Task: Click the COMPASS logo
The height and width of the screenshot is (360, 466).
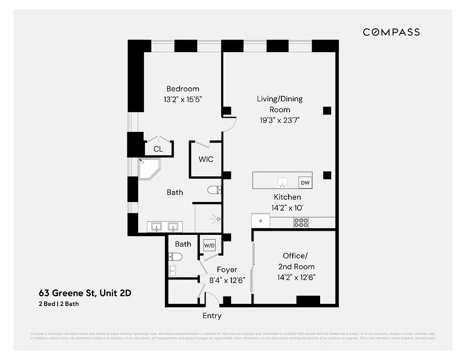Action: pos(391,32)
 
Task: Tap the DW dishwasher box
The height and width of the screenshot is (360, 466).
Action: pos(305,183)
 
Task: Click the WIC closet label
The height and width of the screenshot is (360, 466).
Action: pos(206,159)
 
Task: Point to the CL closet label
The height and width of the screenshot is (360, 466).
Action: pos(158,149)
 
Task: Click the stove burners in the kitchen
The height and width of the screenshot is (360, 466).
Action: pos(301,222)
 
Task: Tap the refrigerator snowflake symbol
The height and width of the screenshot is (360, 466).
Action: pos(260,221)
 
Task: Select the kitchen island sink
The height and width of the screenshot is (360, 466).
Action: pos(282,182)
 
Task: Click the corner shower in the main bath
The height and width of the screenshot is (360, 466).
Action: pos(149,169)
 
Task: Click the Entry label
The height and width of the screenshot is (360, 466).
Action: pos(212,316)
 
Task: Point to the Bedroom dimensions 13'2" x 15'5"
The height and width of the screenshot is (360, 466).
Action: pos(183,99)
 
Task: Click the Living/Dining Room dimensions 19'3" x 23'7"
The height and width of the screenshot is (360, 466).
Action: pos(280,120)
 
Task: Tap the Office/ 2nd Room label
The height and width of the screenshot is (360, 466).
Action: pos(295,261)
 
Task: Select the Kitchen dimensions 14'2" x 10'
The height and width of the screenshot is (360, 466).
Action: pos(287,207)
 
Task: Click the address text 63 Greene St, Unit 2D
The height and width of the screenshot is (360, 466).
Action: pos(85,293)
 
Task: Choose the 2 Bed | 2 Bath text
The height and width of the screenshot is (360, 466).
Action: pos(59,304)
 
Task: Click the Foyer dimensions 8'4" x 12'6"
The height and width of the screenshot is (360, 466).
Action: pos(227,280)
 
